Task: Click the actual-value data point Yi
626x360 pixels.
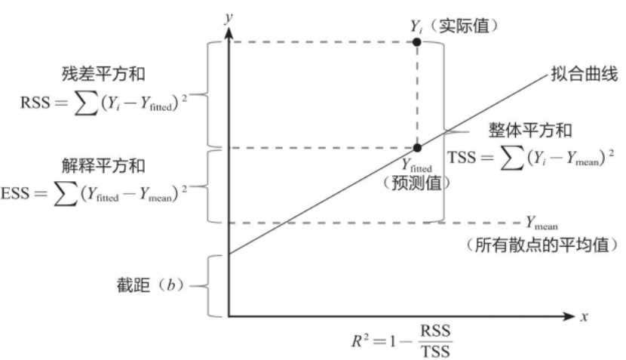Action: point(417,42)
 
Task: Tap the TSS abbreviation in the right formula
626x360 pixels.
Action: point(462,157)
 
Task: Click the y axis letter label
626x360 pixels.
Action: point(226,16)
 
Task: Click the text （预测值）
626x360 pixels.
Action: point(416,182)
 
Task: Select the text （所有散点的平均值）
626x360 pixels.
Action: point(542,245)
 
